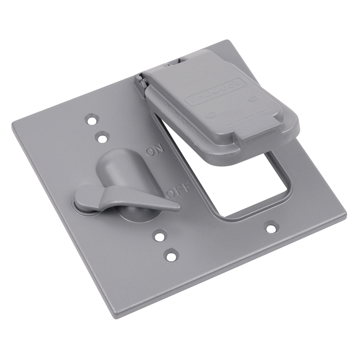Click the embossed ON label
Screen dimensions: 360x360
tap(154, 150)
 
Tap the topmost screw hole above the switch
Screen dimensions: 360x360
tap(93, 119)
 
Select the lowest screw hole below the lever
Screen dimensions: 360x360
tap(170, 255)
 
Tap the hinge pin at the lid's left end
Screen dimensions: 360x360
tap(141, 82)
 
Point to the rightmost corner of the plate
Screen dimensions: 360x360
tap(346, 216)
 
